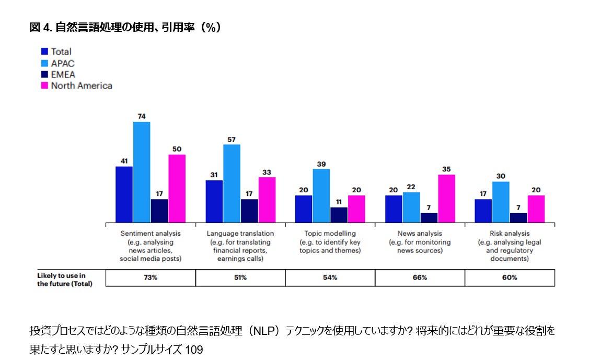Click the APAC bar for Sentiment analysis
pyautogui.click(x=142, y=172)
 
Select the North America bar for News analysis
pyautogui.click(x=446, y=199)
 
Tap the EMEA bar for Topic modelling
pyautogui.click(x=339, y=215)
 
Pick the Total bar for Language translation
pyautogui.click(x=214, y=201)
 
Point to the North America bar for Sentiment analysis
pyautogui.click(x=177, y=188)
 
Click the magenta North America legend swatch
pyautogui.click(x=45, y=86)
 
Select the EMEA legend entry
pyautogui.click(x=63, y=74)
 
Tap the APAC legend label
pyautogui.click(x=63, y=63)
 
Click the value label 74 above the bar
pyautogui.click(x=142, y=116)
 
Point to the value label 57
pyautogui.click(x=232, y=139)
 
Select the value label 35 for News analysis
pyautogui.click(x=446, y=169)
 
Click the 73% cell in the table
pyautogui.click(x=151, y=277)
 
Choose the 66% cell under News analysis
pyautogui.click(x=420, y=277)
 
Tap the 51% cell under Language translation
pyautogui.click(x=240, y=277)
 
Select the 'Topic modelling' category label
pyautogui.click(x=330, y=234)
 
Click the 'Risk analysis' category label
pyautogui.click(x=510, y=234)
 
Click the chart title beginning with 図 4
pyautogui.click(x=125, y=28)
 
